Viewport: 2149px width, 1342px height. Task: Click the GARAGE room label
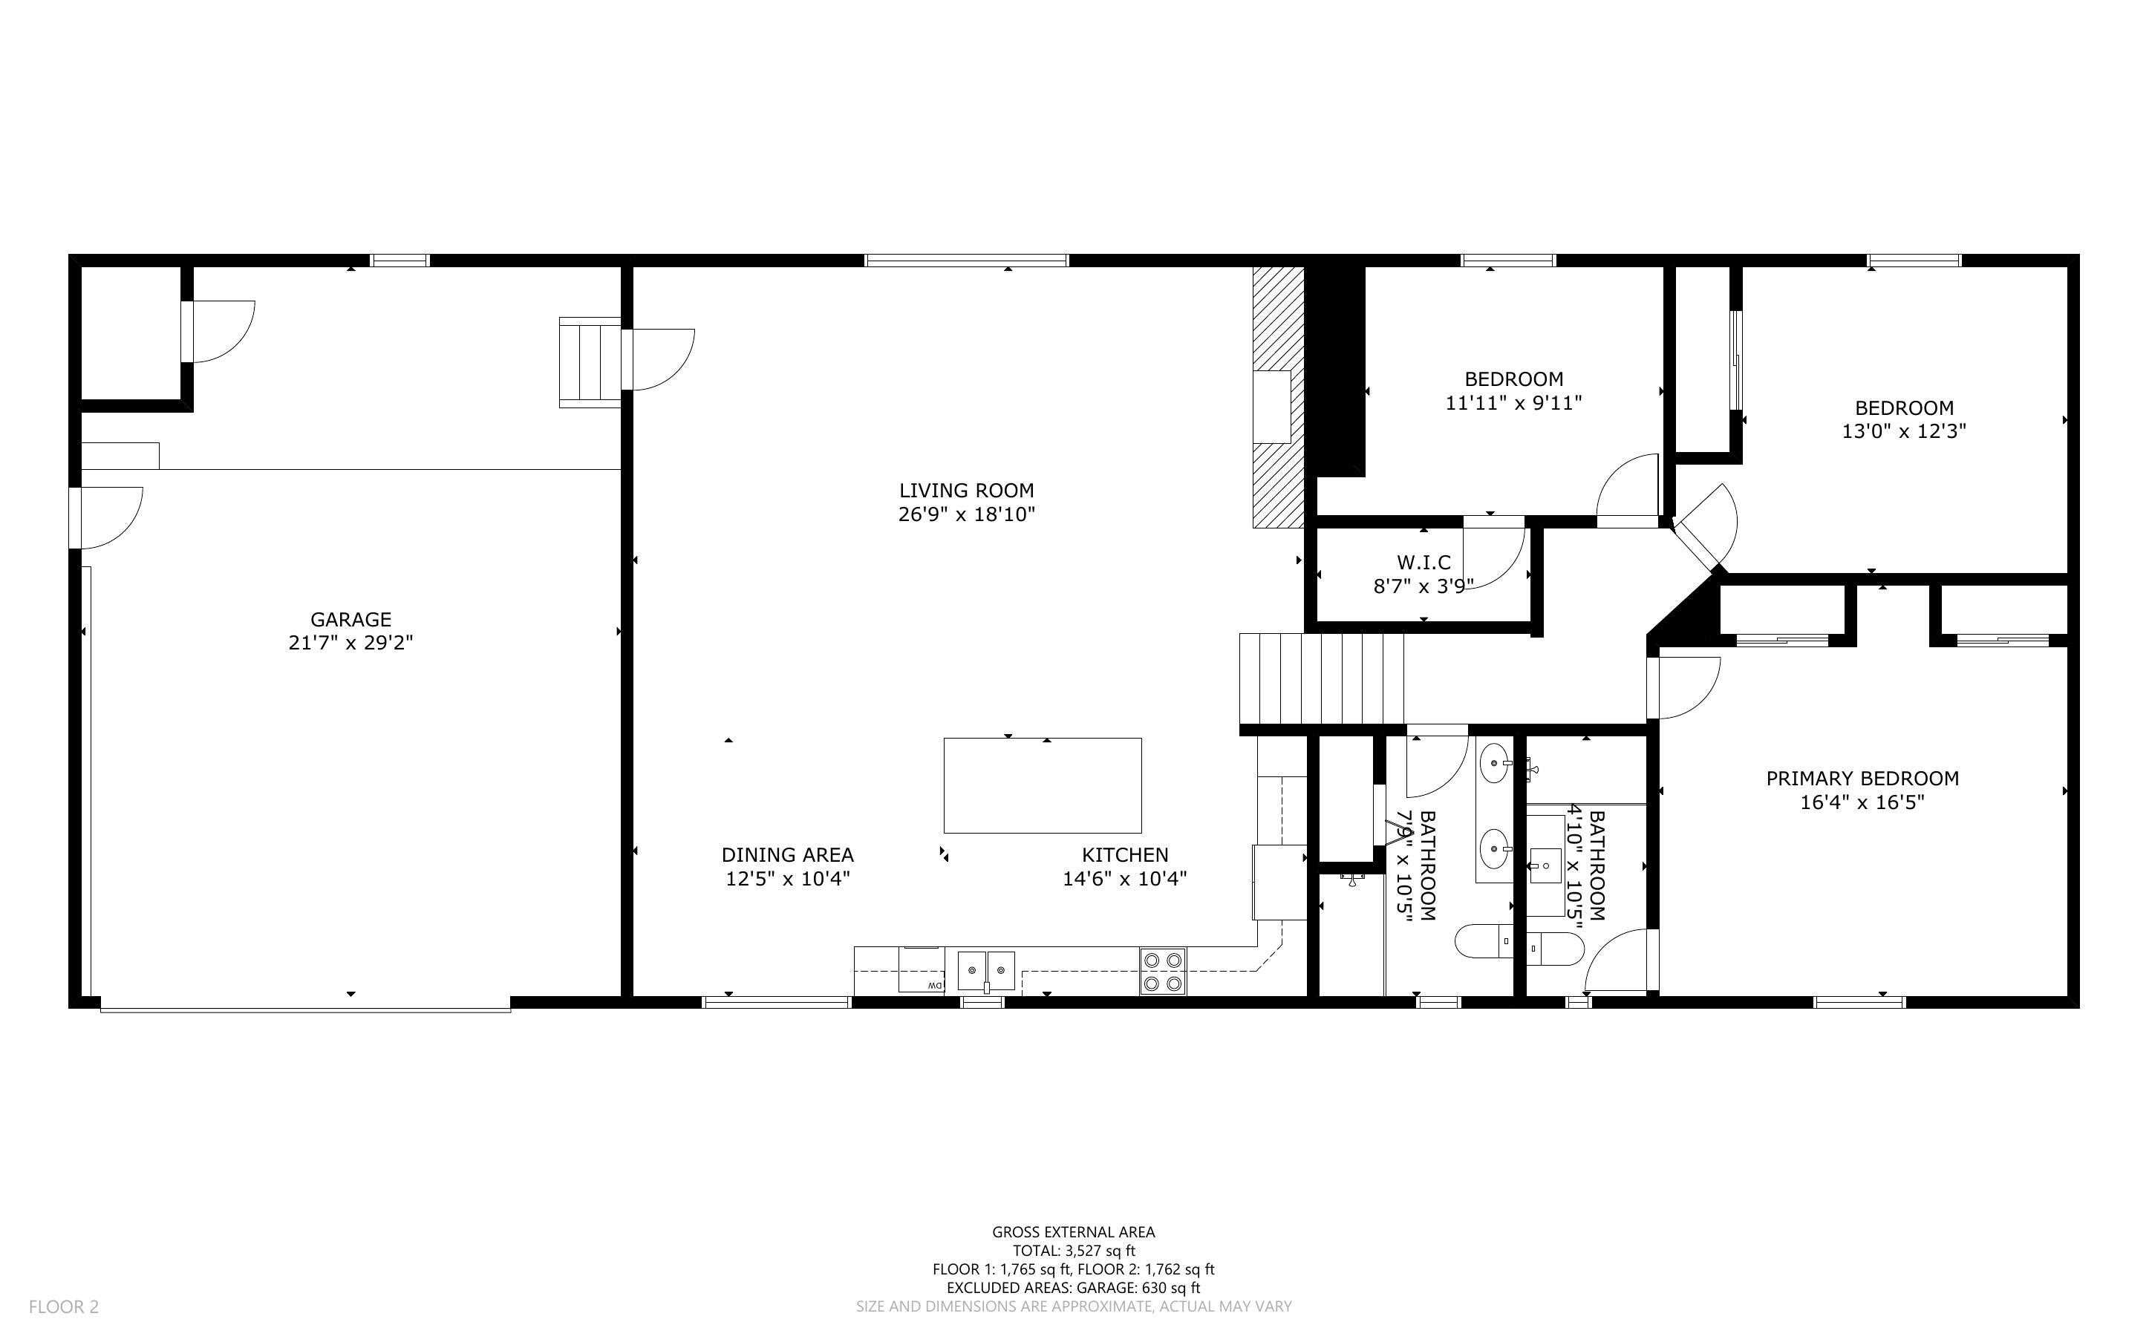pos(350,620)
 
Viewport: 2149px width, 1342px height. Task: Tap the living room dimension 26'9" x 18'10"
pos(966,514)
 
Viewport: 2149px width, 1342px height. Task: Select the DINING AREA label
pos(787,855)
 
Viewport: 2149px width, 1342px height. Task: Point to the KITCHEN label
pos(1125,855)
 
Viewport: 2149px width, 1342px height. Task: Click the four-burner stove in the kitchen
pos(1163,971)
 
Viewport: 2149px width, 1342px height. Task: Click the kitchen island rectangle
pos(1042,785)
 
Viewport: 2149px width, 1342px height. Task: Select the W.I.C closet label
pos(1424,562)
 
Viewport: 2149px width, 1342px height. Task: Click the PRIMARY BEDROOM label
pos(1862,779)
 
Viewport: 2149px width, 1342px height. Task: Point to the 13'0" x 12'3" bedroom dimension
pos(1904,431)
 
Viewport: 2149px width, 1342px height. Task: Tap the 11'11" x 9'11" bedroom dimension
pos(1513,403)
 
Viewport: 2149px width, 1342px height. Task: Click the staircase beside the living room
pos(1321,679)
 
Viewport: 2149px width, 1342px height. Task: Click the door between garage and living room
pos(657,359)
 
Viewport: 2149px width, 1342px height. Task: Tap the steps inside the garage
pos(590,362)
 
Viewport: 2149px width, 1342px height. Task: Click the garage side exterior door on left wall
pos(105,517)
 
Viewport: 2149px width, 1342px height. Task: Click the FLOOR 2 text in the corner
pos(64,1306)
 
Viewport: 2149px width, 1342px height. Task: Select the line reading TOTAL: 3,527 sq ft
pos(1073,1251)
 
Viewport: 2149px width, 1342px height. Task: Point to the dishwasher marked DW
pos(923,970)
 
